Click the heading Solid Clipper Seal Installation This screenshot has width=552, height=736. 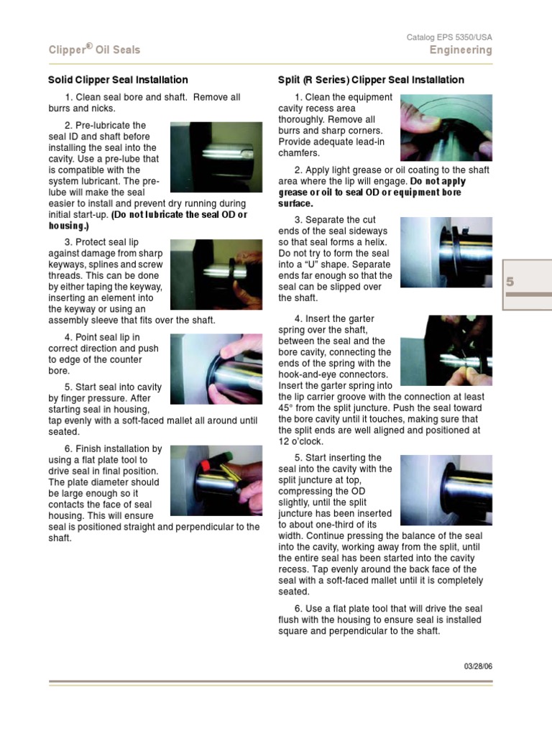118,80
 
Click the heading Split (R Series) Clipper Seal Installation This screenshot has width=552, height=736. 371,80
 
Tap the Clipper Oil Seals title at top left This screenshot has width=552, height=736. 94,50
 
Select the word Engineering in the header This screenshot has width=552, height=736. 461,50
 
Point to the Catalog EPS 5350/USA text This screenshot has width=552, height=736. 449,37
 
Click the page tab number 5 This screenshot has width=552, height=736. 510,282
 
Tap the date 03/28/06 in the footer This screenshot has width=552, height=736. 478,666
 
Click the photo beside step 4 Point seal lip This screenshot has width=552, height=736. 216,368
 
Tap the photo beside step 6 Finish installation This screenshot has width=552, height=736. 216,480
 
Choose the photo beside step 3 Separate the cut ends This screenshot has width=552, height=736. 446,252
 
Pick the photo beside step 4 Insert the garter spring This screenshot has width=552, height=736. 446,351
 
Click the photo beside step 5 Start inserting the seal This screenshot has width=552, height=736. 446,489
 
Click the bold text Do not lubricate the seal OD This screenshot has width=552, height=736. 179,215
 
